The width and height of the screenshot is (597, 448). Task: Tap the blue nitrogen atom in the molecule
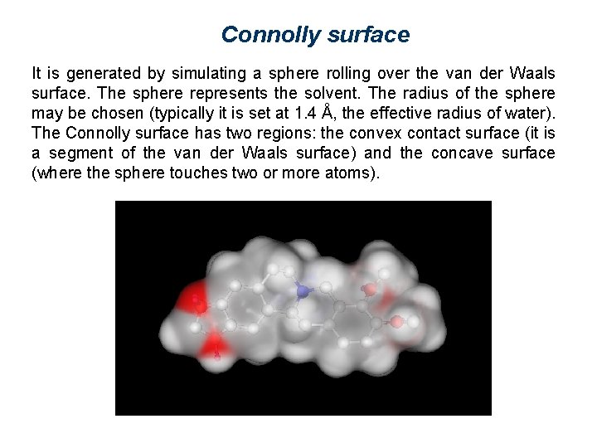(303, 290)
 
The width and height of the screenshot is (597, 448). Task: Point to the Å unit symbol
(329, 112)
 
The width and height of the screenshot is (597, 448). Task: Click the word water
(531, 113)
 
